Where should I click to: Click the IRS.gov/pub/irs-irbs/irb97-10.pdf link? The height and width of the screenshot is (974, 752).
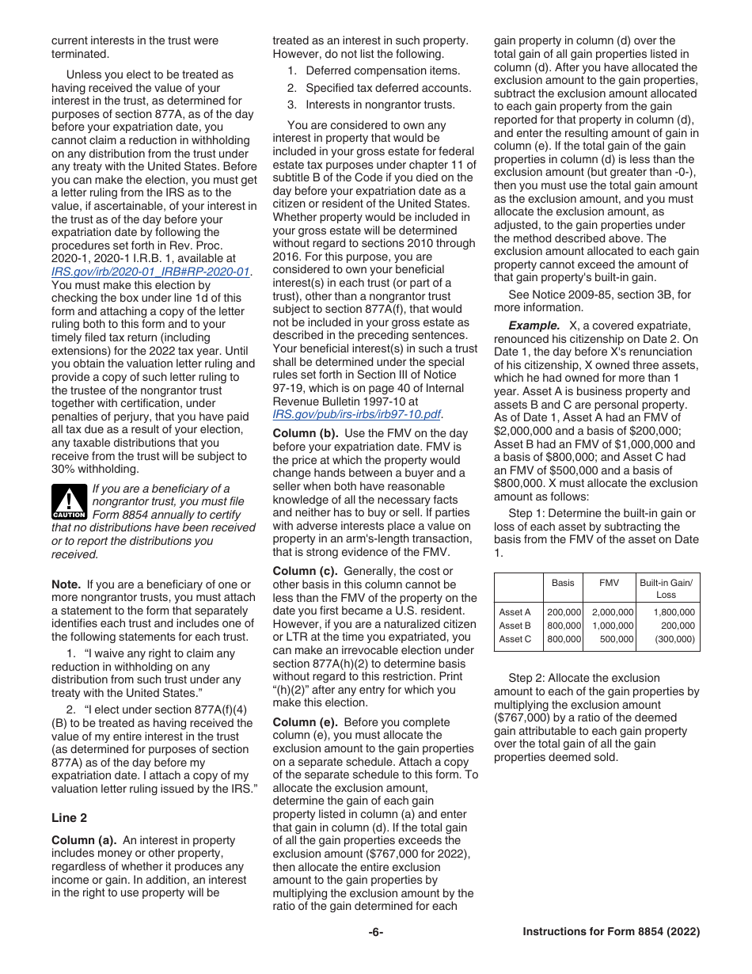pyautogui.click(x=356, y=413)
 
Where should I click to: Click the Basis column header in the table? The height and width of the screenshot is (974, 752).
pyautogui.click(x=563, y=583)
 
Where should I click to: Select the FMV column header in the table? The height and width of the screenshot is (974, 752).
pyautogui.click(x=609, y=583)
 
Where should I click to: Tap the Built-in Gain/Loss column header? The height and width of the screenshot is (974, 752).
pyautogui.click(x=666, y=588)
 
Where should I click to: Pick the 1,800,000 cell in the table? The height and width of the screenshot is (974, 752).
pyautogui.click(x=674, y=612)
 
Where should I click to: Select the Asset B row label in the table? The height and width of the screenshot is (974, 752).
pyautogui.click(x=515, y=626)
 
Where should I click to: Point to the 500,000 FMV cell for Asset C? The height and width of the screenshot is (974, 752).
pyautogui.click(x=617, y=639)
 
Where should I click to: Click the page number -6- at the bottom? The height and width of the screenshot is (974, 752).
pyautogui.click(x=376, y=932)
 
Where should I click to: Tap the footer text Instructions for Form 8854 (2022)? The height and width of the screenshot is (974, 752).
pyautogui.click(x=611, y=932)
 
